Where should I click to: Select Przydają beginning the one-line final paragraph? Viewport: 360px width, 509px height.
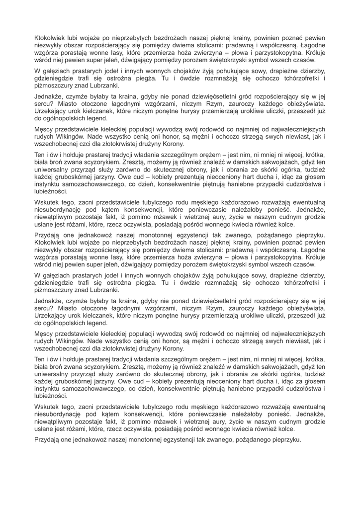(49, 439)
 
